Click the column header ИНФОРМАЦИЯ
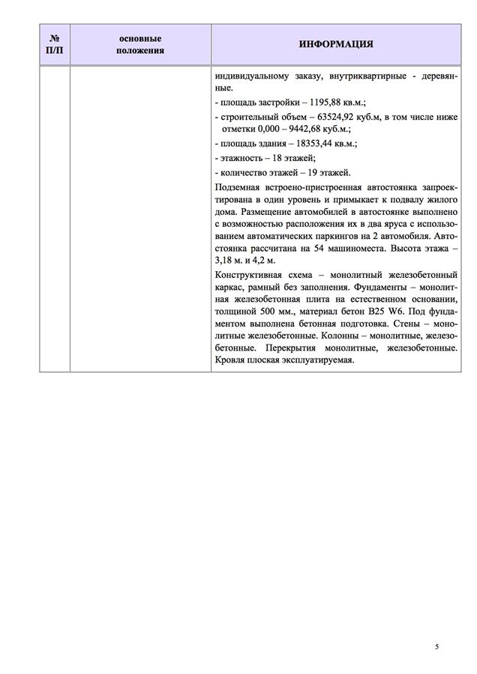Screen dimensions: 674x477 [336, 44]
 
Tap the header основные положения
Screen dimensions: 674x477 [140, 43]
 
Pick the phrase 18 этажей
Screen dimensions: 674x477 [291, 158]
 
